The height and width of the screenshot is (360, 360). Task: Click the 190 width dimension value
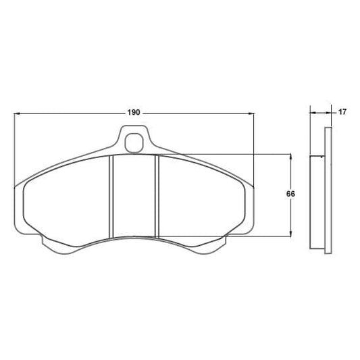click(x=133, y=112)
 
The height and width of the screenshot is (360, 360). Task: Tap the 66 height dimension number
click(x=290, y=194)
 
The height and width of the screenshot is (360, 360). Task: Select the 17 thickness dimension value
click(x=342, y=112)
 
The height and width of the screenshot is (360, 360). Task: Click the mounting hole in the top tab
click(x=134, y=143)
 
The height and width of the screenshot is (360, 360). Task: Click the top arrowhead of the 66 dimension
click(x=290, y=157)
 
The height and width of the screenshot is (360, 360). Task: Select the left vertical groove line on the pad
click(x=111, y=196)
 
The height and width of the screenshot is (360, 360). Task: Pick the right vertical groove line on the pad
click(x=157, y=196)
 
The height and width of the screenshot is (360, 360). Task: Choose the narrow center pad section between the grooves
click(x=134, y=196)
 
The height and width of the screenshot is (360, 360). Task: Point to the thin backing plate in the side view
click(x=328, y=189)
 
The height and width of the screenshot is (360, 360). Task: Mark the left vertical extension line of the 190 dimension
click(x=14, y=149)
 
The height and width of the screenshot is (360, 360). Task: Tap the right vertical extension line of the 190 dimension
click(x=254, y=149)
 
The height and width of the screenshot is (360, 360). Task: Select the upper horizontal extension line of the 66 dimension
click(x=223, y=153)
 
